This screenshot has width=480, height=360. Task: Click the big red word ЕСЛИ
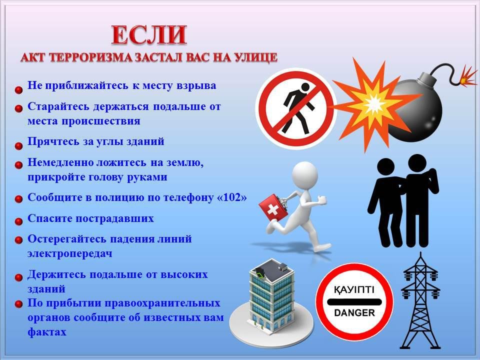click(149, 35)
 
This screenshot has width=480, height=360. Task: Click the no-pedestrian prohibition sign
click(296, 108)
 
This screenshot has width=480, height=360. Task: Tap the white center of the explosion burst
click(373, 104)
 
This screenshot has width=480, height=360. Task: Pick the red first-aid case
click(273, 208)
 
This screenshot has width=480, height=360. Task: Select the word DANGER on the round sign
click(354, 313)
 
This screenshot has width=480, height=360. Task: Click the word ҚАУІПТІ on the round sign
click(354, 289)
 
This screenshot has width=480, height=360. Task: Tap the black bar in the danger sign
click(354, 302)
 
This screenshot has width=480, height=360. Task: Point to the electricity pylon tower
click(420, 301)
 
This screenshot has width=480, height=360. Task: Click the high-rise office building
click(271, 295)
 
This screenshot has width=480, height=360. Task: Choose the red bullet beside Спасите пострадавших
click(18, 221)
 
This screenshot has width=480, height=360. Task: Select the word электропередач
click(70, 254)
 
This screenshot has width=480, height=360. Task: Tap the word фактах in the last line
click(47, 332)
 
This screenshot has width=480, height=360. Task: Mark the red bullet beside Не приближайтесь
click(18, 90)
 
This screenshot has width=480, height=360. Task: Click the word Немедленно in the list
click(60, 162)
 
